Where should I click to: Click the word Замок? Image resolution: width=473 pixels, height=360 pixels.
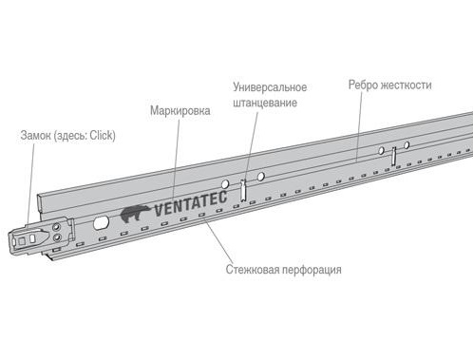[x=36, y=135]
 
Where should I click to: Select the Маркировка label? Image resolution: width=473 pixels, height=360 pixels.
[x=180, y=110]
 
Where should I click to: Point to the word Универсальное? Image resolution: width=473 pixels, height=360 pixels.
[x=270, y=87]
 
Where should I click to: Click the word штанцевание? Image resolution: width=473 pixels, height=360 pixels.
[x=265, y=103]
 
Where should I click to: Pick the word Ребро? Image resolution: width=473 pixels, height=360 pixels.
[x=363, y=85]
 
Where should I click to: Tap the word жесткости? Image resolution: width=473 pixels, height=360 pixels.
[x=406, y=85]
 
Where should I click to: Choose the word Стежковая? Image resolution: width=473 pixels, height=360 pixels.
[x=253, y=270]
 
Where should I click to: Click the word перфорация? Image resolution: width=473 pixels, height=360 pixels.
[x=312, y=270]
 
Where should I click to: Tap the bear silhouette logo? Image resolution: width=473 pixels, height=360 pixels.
[x=135, y=214]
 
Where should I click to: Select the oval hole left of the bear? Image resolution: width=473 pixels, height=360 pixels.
[x=101, y=222]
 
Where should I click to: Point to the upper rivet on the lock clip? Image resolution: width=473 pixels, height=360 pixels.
[x=56, y=227]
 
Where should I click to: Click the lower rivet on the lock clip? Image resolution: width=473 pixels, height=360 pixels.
[x=57, y=237]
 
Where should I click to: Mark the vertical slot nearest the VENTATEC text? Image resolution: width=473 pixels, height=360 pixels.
[x=243, y=190]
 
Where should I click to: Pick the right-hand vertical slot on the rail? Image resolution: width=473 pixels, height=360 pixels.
[x=393, y=156]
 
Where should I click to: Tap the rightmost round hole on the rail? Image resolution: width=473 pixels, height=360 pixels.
[x=407, y=145]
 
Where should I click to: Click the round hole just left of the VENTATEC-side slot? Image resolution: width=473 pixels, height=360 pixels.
[x=225, y=184]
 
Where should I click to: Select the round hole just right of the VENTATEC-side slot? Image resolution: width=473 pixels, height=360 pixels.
[x=261, y=177]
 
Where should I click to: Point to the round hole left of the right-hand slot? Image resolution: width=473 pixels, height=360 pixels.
[x=382, y=151]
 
